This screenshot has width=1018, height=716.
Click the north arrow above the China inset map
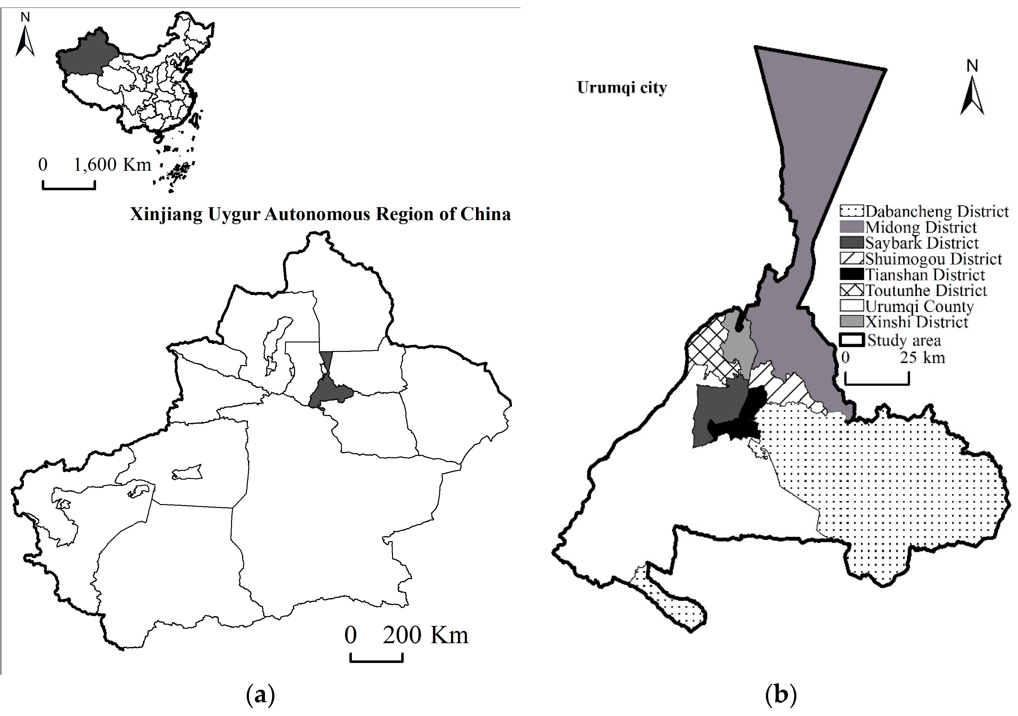[x=25, y=38]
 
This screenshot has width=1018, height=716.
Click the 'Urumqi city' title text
[x=622, y=87]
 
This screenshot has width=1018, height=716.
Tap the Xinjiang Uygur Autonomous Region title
[x=320, y=214]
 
